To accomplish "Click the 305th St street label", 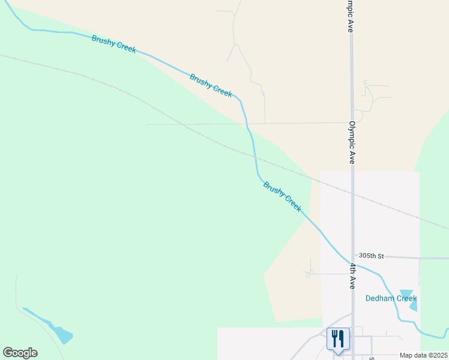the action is [x=372, y=256].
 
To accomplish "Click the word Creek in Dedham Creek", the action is [x=406, y=298].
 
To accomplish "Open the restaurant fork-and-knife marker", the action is [x=338, y=339].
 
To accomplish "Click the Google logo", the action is [x=20, y=353].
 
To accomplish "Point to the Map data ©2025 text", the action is [x=423, y=355].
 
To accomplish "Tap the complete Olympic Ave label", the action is [x=352, y=143].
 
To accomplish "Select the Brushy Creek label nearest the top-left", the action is [x=114, y=44].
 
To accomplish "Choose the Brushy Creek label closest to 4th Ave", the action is [x=282, y=196].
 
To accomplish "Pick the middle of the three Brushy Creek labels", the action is [x=211, y=85].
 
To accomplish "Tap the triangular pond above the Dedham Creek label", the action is [x=406, y=293].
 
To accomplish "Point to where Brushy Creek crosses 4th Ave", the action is [x=352, y=264].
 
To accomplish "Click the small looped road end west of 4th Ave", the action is [x=309, y=274].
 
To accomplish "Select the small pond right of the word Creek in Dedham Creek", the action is [x=414, y=306].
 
